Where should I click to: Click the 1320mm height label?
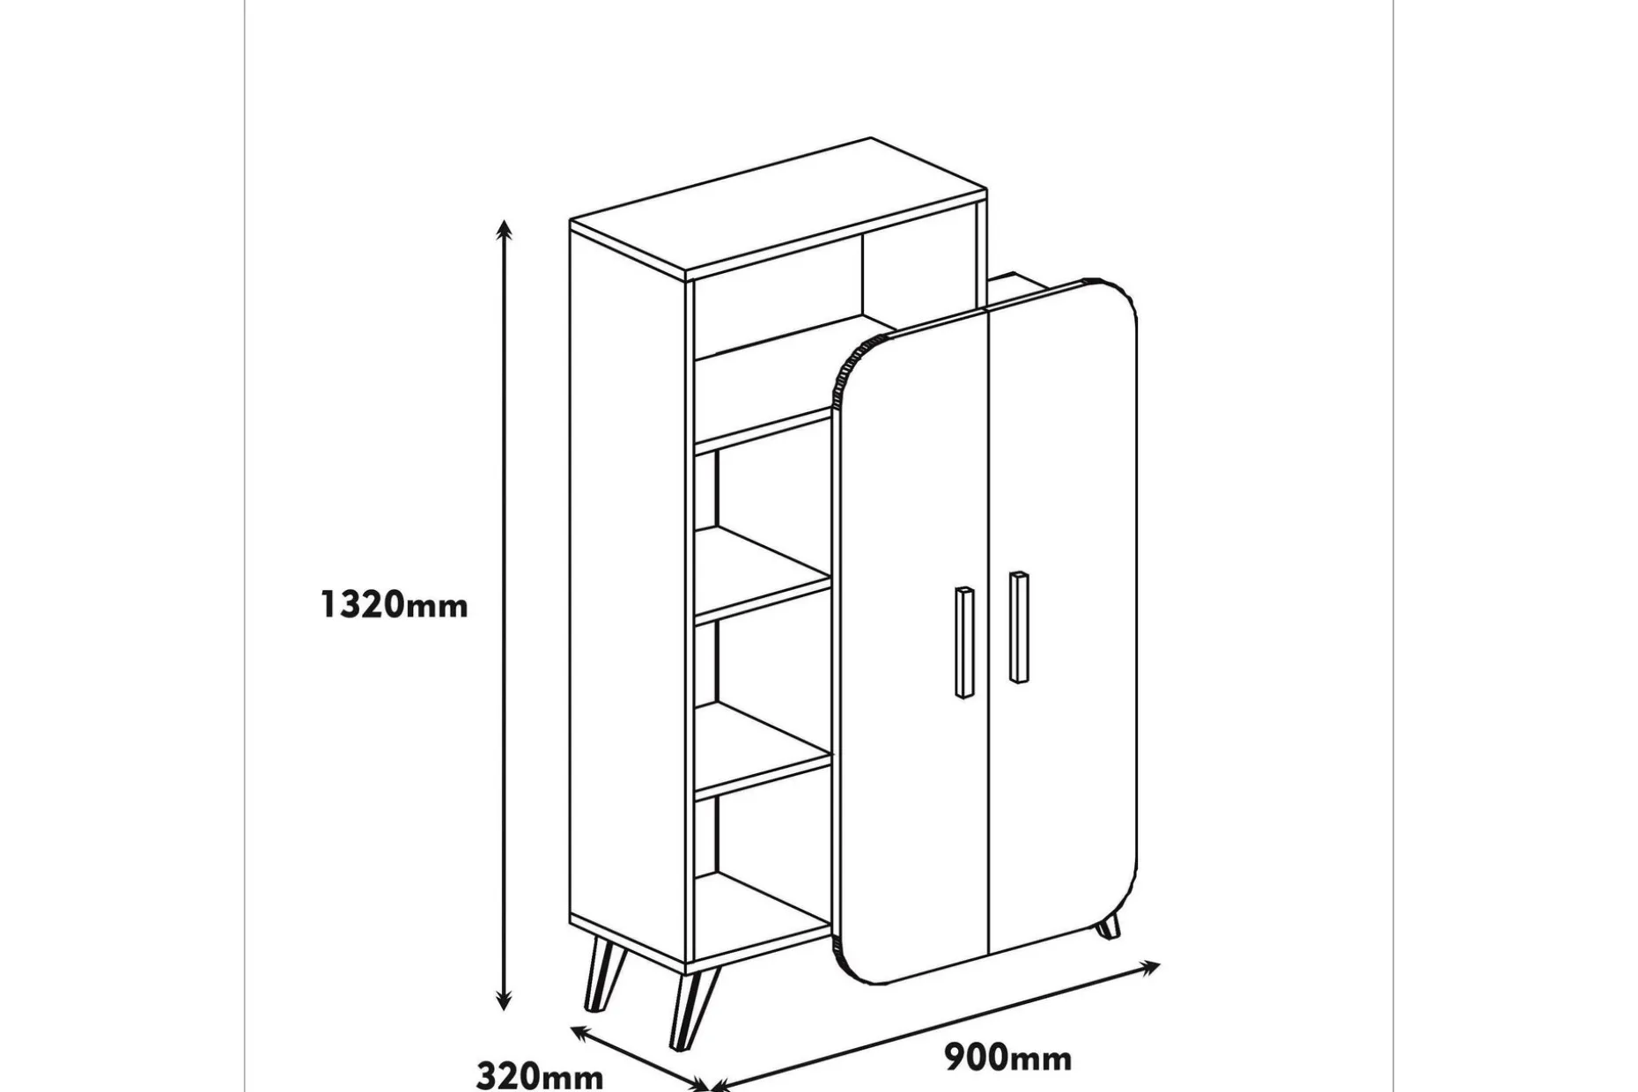tap(394, 605)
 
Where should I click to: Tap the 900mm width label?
tap(1008, 1058)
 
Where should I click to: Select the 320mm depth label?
tap(540, 1076)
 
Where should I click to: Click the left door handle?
tap(964, 642)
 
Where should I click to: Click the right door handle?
tap(1019, 627)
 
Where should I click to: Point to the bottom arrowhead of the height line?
tap(504, 1000)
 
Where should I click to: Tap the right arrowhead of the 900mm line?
tap(1150, 968)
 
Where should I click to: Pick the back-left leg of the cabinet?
tap(603, 974)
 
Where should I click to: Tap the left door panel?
tap(911, 652)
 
